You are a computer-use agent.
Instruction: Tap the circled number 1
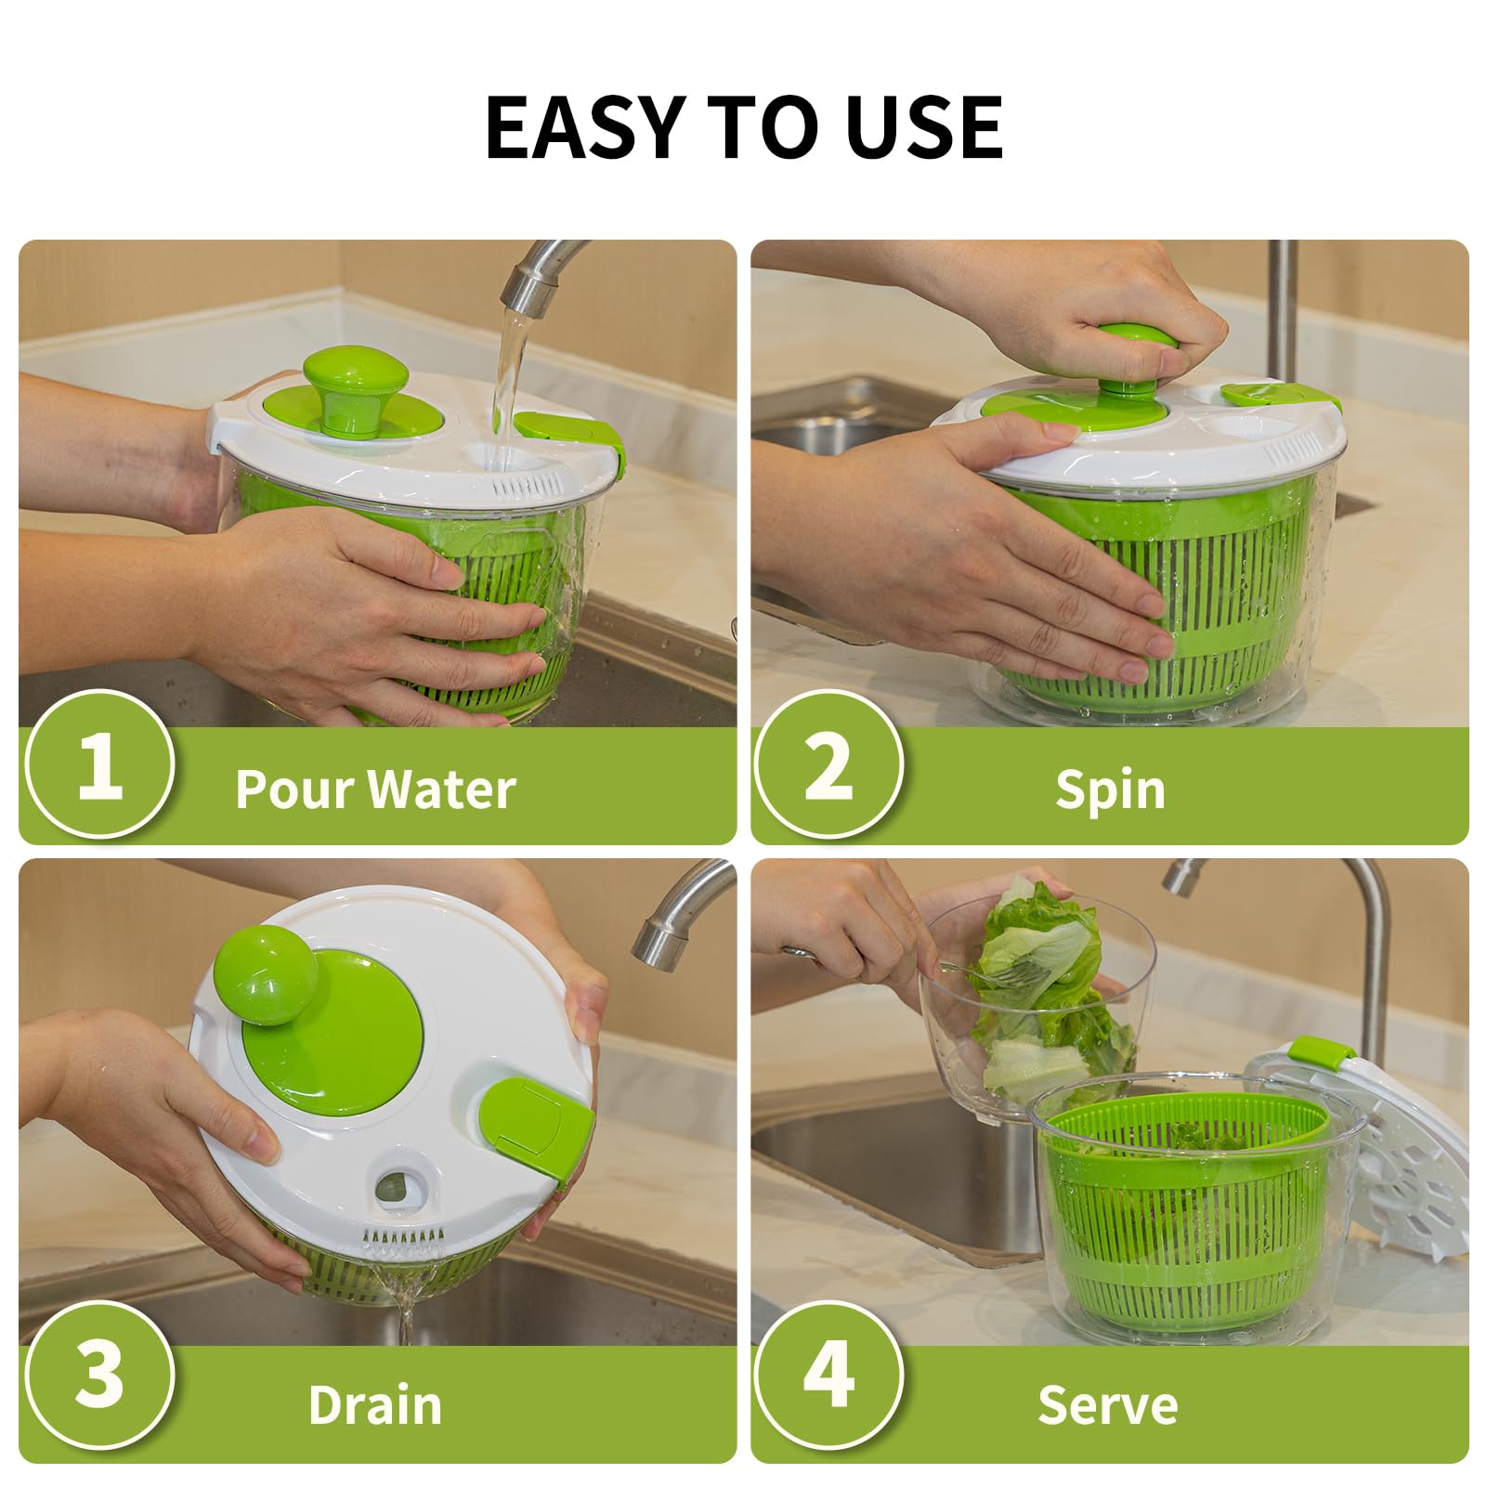pos(99,764)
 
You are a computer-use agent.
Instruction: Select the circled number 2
pos(828,764)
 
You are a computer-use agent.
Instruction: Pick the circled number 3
pos(99,1375)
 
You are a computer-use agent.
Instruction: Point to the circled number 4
pos(828,1375)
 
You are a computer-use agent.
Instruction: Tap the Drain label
pos(375,1405)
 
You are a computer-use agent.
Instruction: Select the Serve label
pos(1108,1405)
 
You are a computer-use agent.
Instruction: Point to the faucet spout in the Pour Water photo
pos(540,274)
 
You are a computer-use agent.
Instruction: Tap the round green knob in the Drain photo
pos(266,975)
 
